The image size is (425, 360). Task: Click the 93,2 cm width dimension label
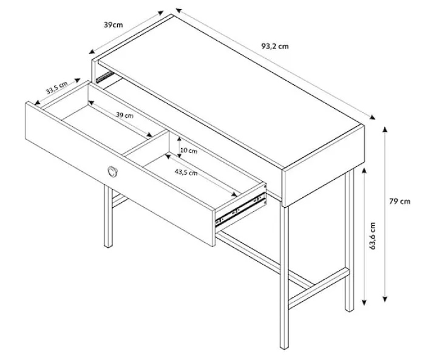click(x=275, y=46)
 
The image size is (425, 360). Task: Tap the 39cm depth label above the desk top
click(x=114, y=25)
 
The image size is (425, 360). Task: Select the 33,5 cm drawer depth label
click(x=56, y=87)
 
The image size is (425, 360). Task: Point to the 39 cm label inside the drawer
click(x=124, y=115)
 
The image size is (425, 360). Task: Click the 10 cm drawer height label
click(x=189, y=151)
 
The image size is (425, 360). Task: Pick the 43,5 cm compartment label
click(x=186, y=172)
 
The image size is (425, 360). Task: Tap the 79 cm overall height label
click(x=399, y=202)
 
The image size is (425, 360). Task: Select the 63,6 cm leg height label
click(x=373, y=236)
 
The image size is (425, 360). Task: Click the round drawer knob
click(x=112, y=172)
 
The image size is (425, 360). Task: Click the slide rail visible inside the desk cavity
click(x=104, y=77)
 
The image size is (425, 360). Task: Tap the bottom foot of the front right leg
click(x=284, y=347)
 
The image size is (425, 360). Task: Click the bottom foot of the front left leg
click(x=108, y=245)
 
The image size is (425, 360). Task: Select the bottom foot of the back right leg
click(x=349, y=309)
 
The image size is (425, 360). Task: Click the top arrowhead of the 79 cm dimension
click(x=385, y=129)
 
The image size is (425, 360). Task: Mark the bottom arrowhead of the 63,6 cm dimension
click(x=364, y=302)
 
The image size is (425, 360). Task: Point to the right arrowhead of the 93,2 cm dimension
click(x=373, y=117)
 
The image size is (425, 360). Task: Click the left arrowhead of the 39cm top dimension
click(x=92, y=52)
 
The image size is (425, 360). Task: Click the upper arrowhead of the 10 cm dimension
click(x=179, y=139)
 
